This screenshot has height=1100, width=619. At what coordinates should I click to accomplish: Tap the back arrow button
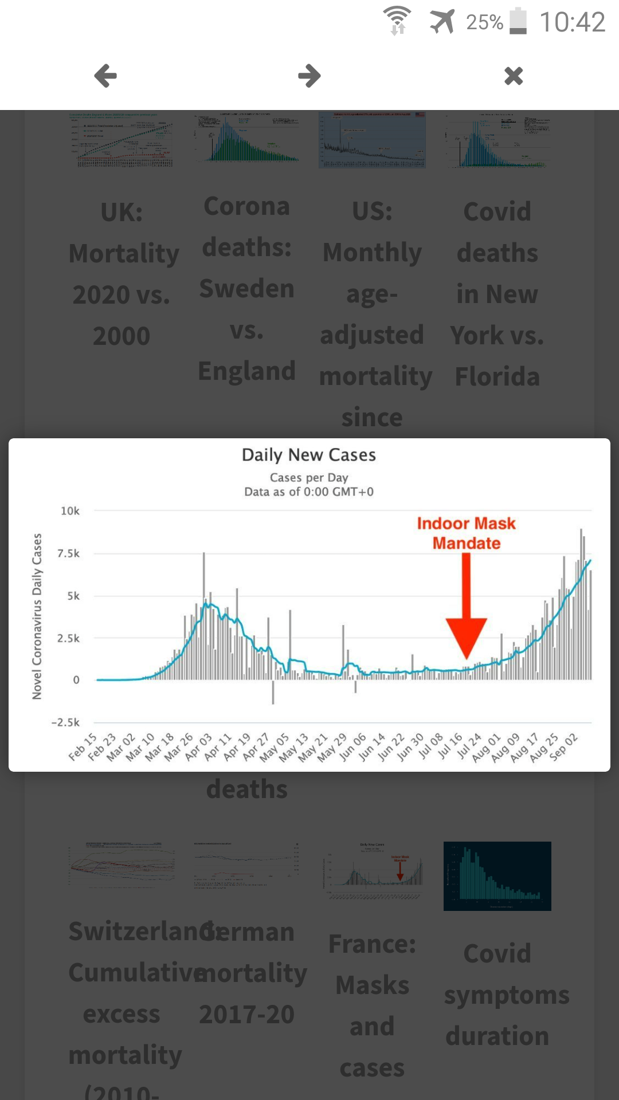coord(105,76)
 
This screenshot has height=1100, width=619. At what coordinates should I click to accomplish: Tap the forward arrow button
coord(309,76)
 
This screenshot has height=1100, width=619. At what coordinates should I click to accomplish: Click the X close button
coord(514,76)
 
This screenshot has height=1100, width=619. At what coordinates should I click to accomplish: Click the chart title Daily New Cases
coord(309,455)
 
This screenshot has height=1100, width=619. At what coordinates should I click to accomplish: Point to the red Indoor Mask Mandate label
coord(466,533)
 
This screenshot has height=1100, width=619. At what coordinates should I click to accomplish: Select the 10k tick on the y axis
coord(70,510)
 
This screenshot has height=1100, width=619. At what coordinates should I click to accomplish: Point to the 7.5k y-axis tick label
coord(68,553)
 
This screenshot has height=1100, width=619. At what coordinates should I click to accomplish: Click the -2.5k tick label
coord(65,722)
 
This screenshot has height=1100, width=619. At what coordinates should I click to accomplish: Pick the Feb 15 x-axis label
coord(83,747)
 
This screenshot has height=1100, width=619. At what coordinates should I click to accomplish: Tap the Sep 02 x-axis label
coord(563,747)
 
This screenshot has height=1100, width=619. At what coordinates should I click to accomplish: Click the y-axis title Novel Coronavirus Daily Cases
coord(37,616)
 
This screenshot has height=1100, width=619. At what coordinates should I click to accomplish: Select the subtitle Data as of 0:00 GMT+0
coord(309,492)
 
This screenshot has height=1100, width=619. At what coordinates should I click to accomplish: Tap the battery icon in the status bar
coord(518,22)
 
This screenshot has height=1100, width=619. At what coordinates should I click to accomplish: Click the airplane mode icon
coord(442,22)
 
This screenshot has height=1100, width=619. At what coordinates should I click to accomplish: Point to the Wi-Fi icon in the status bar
coord(397,21)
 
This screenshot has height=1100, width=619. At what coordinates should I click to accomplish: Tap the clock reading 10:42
coord(572,22)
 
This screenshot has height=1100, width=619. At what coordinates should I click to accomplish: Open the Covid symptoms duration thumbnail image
coord(497,876)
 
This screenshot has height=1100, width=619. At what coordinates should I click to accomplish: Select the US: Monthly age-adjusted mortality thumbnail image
coord(373,140)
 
